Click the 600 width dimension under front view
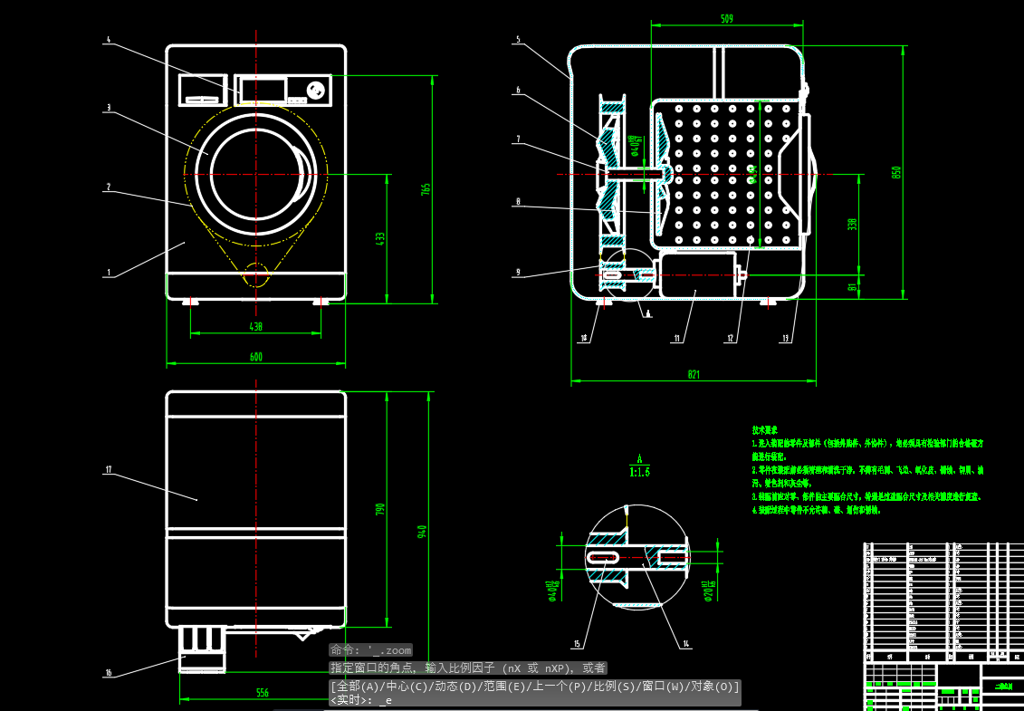[x=256, y=357]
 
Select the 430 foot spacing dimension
[x=256, y=327]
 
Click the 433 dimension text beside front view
[x=380, y=238]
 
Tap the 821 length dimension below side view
[x=694, y=374]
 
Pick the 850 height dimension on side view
[x=896, y=171]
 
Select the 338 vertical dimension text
[x=852, y=224]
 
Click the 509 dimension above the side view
[x=727, y=18]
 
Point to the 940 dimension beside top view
[x=422, y=532]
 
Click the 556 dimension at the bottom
[x=262, y=693]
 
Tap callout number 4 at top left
[x=109, y=40]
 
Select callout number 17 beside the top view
[x=108, y=469]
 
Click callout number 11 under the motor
[x=676, y=339]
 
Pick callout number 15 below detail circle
[x=576, y=644]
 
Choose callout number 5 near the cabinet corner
[x=518, y=40]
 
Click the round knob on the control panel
[x=317, y=90]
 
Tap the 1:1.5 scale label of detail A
[x=639, y=472]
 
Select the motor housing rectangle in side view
[x=696, y=275]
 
